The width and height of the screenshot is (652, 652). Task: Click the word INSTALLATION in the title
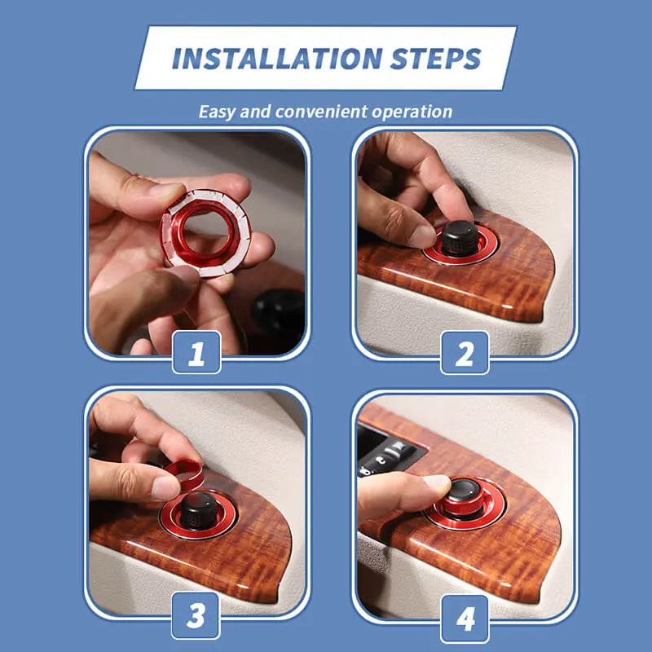pos(277,59)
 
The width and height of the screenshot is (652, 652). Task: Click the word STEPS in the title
pos(435,59)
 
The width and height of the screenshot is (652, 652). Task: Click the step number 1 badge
pos(196,352)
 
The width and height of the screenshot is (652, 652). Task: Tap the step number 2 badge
pos(465,353)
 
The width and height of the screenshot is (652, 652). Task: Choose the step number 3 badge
pos(196,615)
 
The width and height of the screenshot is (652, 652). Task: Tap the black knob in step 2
pos(459,238)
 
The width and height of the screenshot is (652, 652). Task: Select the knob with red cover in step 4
pos(461,497)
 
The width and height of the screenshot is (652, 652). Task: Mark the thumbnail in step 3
pos(165,487)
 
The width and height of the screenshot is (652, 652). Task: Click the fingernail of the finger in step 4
pos(437,483)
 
